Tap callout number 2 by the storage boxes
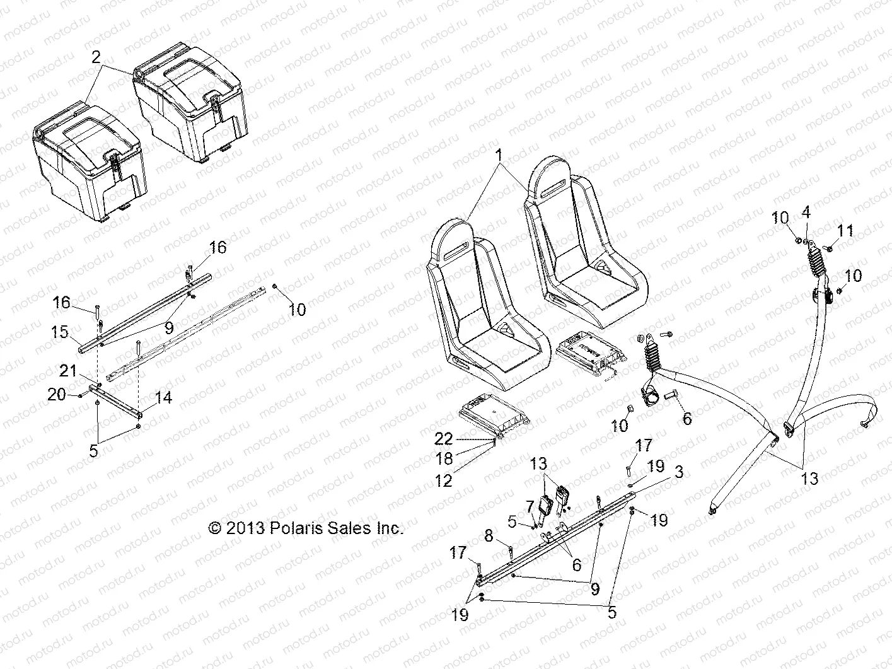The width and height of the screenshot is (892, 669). pos(95,58)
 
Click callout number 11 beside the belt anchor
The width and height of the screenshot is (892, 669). pos(845,231)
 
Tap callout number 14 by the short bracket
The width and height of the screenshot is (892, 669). pos(164,398)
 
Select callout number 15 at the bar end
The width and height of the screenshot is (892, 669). pos(60,332)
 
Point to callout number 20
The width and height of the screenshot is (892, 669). pos(57,395)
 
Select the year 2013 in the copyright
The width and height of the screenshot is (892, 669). pos(247,528)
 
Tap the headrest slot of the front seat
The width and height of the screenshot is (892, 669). pos(458,252)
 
